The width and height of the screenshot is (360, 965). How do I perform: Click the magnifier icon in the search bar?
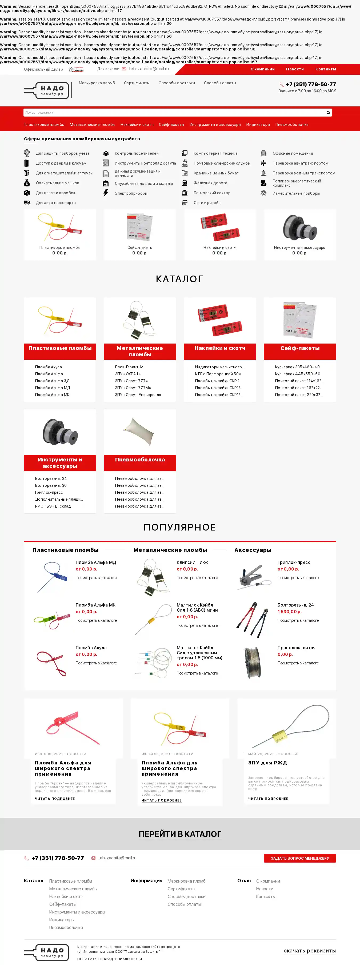[328, 112]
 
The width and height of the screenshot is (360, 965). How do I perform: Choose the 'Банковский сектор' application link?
[212, 193]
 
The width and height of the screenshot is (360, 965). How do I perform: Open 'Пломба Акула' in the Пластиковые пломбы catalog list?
[48, 367]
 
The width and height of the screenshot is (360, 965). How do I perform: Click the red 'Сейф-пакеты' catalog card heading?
[300, 348]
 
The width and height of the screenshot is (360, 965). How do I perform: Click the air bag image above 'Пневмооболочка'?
[140, 432]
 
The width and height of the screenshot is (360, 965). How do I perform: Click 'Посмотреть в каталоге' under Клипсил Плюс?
[197, 578]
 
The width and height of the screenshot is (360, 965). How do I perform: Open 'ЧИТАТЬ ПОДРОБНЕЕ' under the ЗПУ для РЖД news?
[268, 799]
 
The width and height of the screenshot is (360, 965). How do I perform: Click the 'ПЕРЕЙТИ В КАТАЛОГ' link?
[180, 834]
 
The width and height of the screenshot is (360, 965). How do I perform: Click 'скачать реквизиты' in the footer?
[309, 950]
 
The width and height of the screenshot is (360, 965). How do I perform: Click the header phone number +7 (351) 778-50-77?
[311, 84]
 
